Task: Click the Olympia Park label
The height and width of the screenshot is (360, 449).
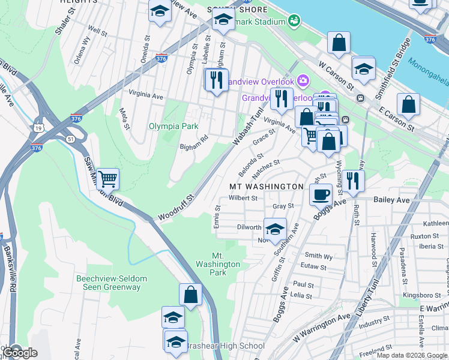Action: (x=173, y=126)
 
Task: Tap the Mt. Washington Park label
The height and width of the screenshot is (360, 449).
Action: (x=217, y=264)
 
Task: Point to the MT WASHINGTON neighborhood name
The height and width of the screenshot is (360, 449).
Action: (x=267, y=187)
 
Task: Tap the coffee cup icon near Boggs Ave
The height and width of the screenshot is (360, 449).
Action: (x=320, y=194)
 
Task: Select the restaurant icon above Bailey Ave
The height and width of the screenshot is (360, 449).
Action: (x=353, y=180)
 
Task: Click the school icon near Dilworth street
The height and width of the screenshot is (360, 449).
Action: (x=275, y=229)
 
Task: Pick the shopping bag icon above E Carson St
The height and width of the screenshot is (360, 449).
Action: (x=408, y=104)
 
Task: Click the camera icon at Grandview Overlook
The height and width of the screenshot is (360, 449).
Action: (x=303, y=80)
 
